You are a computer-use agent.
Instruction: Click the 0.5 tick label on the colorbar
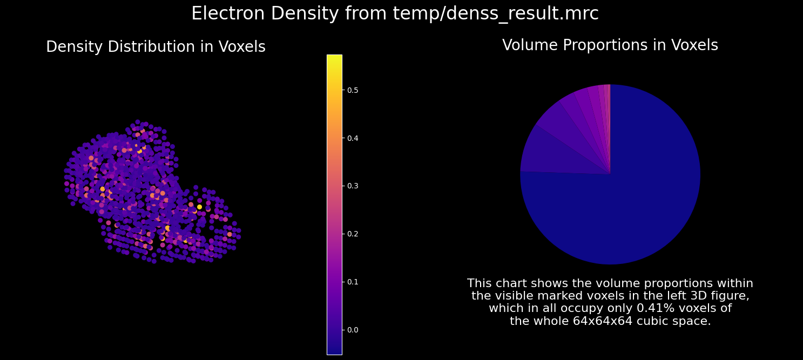pos(353,90)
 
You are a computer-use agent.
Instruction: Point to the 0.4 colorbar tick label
pos(353,138)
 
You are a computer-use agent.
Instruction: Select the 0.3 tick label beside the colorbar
pos(353,186)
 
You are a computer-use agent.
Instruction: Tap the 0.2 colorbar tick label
pos(353,234)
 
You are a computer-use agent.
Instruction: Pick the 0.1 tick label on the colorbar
pos(353,282)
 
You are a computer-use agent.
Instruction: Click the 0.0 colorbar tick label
pos(353,330)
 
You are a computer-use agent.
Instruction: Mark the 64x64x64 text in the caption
pos(602,321)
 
